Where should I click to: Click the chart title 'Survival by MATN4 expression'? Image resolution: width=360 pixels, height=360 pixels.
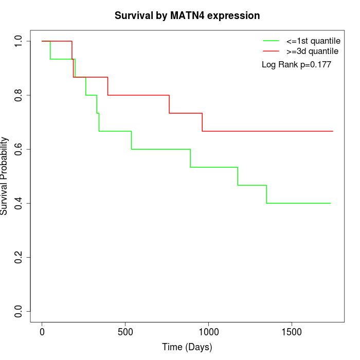pos(187,15)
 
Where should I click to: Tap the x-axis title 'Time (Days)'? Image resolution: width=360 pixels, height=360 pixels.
pos(187,347)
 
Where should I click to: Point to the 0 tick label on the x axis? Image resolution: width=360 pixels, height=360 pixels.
pos(42,332)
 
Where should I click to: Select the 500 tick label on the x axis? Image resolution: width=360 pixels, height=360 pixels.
pos(125,332)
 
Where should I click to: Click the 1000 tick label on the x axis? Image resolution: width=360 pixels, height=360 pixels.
pos(209,332)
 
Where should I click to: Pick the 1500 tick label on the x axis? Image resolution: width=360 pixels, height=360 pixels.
pos(292,332)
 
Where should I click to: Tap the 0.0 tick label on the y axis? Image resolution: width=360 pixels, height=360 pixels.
pos(19,311)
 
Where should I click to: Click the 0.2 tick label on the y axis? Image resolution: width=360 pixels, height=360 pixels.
pos(19,257)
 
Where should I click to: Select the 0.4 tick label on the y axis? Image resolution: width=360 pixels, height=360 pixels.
pos(19,203)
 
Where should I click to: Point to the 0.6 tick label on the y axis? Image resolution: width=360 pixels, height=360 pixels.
pos(19,149)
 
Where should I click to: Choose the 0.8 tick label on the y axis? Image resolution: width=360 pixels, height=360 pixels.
pos(19,95)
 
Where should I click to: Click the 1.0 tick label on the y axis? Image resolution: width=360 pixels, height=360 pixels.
pos(19,41)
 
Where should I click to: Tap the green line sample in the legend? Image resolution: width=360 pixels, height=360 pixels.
pos(271,41)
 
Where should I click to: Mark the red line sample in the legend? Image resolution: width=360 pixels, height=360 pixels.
pos(271,51)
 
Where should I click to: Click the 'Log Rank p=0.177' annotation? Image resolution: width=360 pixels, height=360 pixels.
pos(296,65)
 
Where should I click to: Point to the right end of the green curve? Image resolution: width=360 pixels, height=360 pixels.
pos(330,203)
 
